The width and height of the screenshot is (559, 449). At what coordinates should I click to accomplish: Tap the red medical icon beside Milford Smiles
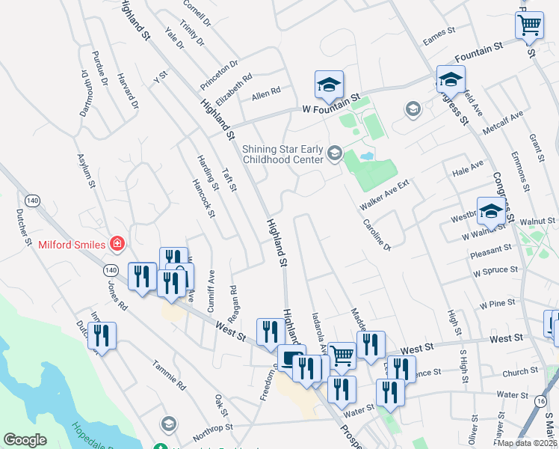point(116,243)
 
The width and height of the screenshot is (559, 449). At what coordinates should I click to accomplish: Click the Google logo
point(25,440)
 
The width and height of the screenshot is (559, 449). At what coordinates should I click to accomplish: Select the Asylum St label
point(87,171)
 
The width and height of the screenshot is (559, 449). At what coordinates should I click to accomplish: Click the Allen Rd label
point(265,94)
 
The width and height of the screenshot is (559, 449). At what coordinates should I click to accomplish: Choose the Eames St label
point(439,35)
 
